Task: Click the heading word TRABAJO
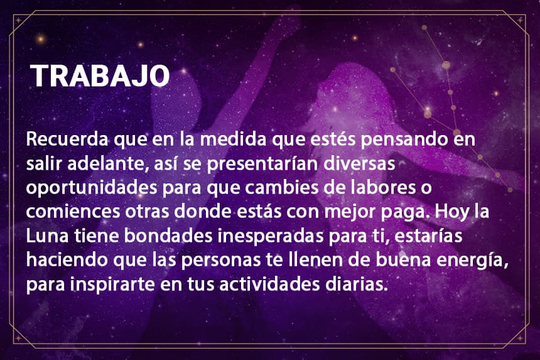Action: pyautogui.click(x=100, y=76)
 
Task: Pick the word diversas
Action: pyautogui.click(x=359, y=163)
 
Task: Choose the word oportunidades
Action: pyautogui.click(x=91, y=188)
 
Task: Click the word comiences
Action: pyautogui.click(x=73, y=212)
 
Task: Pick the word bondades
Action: pyautogui.click(x=168, y=236)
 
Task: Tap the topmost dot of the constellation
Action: pyautogui.click(x=424, y=28)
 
